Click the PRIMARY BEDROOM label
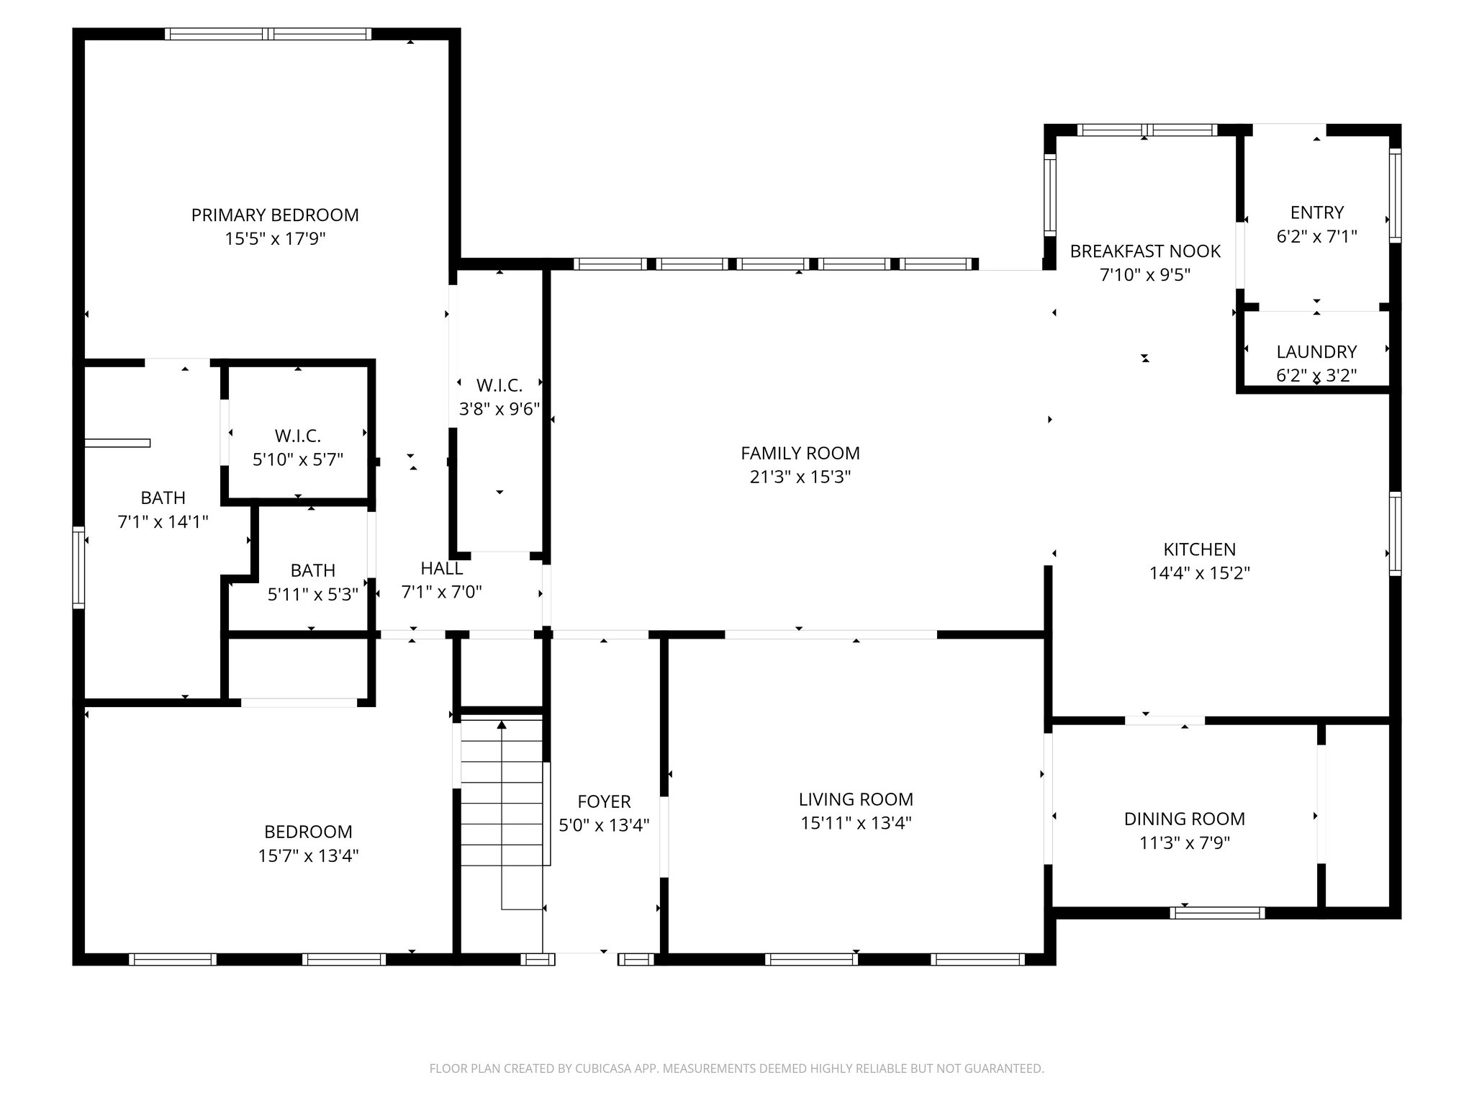[x=274, y=215]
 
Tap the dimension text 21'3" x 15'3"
[x=800, y=477]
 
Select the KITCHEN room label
[x=1199, y=549]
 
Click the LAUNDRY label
[x=1316, y=351]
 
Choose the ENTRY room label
[x=1316, y=212]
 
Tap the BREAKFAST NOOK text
[x=1144, y=251]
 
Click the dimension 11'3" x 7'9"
[x=1185, y=842]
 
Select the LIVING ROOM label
[x=856, y=799]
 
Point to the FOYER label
[x=604, y=801]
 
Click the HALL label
[x=441, y=568]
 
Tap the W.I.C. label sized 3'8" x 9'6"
[x=499, y=385]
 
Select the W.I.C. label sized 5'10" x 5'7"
[x=297, y=436]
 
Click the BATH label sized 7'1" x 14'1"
[x=163, y=498]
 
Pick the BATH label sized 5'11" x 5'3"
[x=312, y=570]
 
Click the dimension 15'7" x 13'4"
[x=308, y=855]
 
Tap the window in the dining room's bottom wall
[x=1217, y=912]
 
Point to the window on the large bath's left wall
[x=78, y=567]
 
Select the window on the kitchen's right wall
[x=1395, y=534]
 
